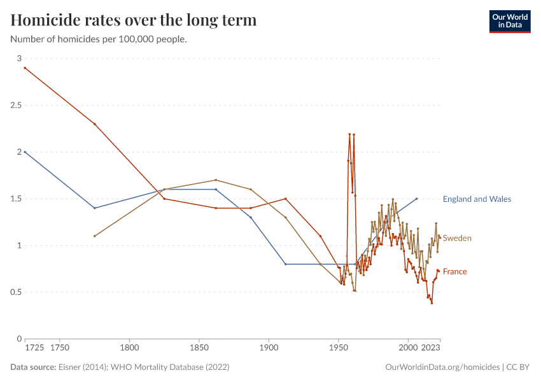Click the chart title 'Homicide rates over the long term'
134,20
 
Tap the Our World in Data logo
509,21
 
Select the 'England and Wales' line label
477,199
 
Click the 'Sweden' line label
457,238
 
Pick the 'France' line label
454,272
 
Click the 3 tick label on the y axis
18,59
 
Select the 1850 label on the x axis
199,349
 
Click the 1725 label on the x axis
34,349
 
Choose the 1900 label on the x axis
269,349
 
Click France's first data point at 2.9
25,67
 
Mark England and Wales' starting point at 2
25,152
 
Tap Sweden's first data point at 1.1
94,236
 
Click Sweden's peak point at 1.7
216,180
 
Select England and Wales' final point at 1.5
416,199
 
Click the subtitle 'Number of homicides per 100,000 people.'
99,39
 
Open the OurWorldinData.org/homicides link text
442,367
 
